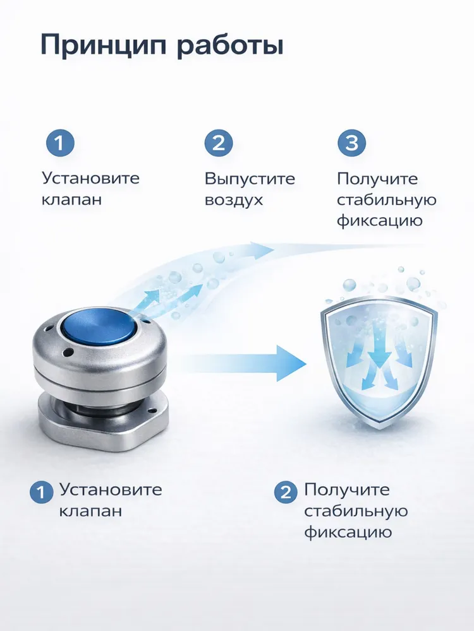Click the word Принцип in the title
[x=104, y=45]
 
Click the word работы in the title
[x=230, y=45]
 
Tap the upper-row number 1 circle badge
[x=59, y=143]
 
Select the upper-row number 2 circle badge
[x=219, y=143]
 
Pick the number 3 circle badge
[x=351, y=143]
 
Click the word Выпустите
[x=250, y=179]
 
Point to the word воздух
[x=234, y=200]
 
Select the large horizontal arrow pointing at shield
[x=242, y=363]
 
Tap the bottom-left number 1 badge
[x=41, y=492]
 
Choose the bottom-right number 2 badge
[x=286, y=492]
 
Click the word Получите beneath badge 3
[x=377, y=179]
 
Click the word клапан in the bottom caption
[x=90, y=511]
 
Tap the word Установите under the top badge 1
[x=90, y=179]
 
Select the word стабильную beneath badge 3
[x=387, y=200]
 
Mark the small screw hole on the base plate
[x=153, y=411]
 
